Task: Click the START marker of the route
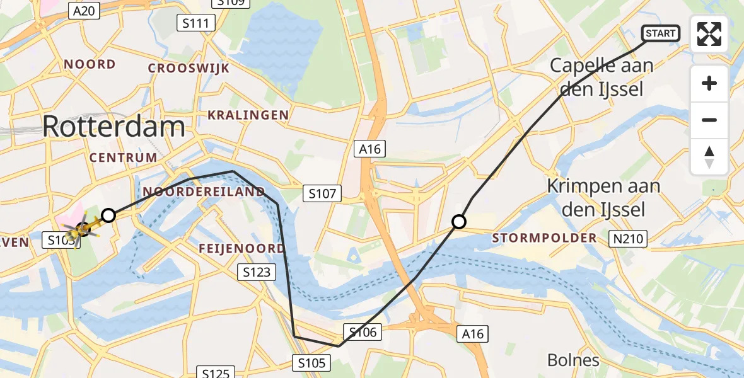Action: (x=660, y=33)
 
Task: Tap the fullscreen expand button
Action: (x=709, y=34)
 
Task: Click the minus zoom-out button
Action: (x=709, y=120)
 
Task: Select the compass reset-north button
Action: (x=709, y=157)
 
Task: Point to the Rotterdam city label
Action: (x=113, y=127)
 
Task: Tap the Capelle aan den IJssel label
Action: (x=602, y=77)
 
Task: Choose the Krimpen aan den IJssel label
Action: (x=603, y=197)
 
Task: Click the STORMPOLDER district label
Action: (x=544, y=238)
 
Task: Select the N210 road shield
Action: (x=627, y=238)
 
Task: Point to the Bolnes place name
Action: (x=573, y=360)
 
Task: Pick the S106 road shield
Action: (x=362, y=332)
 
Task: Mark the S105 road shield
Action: (x=311, y=362)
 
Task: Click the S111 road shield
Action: (x=195, y=23)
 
